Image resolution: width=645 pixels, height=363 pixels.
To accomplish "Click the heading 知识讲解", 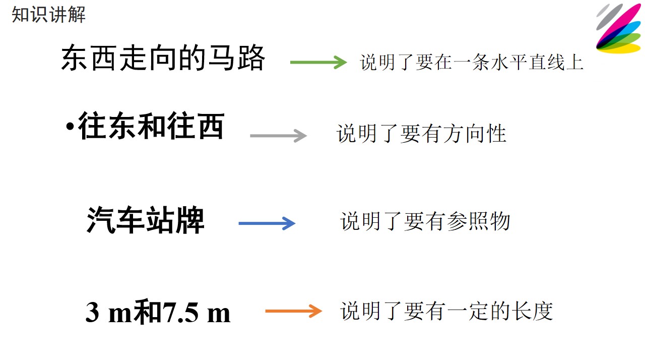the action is click(x=49, y=15).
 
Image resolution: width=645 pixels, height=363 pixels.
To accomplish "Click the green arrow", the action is click(x=318, y=62).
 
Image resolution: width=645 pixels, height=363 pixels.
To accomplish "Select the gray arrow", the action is click(x=279, y=136).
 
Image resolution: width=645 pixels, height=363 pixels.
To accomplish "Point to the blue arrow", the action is click(x=267, y=223).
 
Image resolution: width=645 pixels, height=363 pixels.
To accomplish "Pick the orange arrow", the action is click(x=293, y=311).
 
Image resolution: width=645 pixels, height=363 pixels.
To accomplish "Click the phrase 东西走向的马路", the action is click(x=163, y=58).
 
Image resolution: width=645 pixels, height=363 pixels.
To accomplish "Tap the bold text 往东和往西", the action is click(x=151, y=126).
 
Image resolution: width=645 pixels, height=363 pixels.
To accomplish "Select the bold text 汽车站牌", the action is click(x=146, y=220).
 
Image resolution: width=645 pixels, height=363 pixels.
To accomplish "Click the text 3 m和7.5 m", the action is click(x=158, y=312).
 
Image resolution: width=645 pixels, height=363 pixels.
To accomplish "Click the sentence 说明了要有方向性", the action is click(x=422, y=134).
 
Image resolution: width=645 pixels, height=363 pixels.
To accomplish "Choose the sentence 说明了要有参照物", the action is click(x=425, y=221).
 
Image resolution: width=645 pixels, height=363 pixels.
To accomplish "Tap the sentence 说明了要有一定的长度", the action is click(x=446, y=311).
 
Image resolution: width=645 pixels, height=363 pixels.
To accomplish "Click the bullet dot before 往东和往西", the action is click(x=70, y=126).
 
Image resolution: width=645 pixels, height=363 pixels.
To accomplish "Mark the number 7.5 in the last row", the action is click(x=181, y=312).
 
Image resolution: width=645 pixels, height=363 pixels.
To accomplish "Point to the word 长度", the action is click(x=532, y=311).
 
